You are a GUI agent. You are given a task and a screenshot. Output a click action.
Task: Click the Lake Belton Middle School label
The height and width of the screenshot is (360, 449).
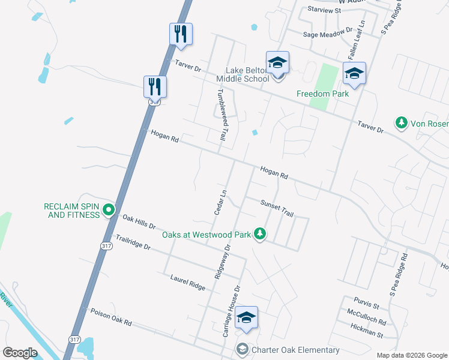click(247, 74)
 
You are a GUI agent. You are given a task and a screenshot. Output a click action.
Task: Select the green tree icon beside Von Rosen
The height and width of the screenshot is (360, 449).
click(401, 123)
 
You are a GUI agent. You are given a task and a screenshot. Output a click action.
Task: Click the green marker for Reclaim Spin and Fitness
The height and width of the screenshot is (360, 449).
click(108, 210)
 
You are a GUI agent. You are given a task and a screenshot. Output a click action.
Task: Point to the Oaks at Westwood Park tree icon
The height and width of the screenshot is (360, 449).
click(259, 233)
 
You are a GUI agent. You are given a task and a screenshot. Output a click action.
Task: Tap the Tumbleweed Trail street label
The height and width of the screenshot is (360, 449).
click(222, 115)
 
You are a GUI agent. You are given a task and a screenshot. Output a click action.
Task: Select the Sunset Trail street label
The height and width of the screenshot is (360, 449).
click(277, 209)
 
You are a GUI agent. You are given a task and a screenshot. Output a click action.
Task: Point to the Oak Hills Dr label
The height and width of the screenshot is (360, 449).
click(139, 223)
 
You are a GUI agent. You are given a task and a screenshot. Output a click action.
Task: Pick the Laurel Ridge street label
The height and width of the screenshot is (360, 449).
click(187, 283)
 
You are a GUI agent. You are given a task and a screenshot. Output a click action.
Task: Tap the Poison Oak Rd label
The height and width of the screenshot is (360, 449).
click(111, 317)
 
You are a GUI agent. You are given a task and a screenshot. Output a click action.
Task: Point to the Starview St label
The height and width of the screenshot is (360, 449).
click(324, 10)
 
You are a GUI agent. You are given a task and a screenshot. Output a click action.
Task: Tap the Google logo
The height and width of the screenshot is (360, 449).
click(21, 353)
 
